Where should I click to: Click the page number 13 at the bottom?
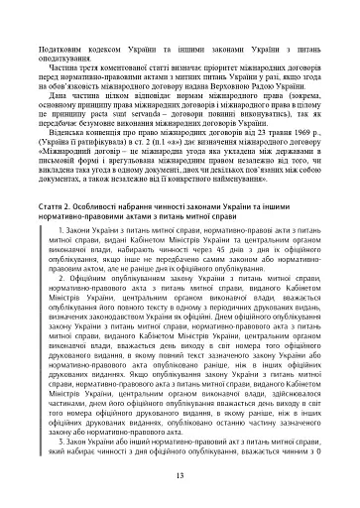[180, 476]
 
